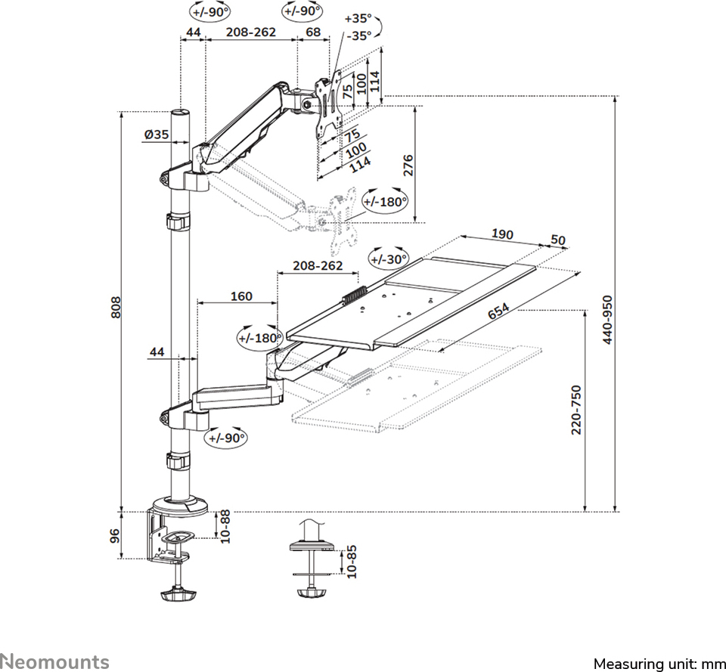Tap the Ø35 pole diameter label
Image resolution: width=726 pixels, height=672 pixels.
pyautogui.click(x=155, y=135)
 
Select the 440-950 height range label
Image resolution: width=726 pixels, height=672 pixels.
pyautogui.click(x=608, y=319)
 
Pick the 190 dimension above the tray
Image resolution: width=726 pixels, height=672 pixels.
pyautogui.click(x=503, y=234)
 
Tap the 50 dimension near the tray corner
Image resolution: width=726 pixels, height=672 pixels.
pyautogui.click(x=558, y=240)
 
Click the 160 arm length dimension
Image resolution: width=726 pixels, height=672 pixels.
pyautogui.click(x=240, y=296)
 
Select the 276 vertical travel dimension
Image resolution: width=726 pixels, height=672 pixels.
pyautogui.click(x=408, y=166)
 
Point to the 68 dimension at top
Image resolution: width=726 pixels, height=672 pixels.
pyautogui.click(x=313, y=32)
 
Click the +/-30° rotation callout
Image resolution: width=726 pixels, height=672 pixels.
pyautogui.click(x=388, y=258)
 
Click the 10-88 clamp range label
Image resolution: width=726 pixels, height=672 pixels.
pyautogui.click(x=224, y=526)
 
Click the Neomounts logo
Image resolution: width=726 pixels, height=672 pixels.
pyautogui.click(x=54, y=661)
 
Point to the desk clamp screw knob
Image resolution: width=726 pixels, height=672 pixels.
pyautogui.click(x=178, y=595)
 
